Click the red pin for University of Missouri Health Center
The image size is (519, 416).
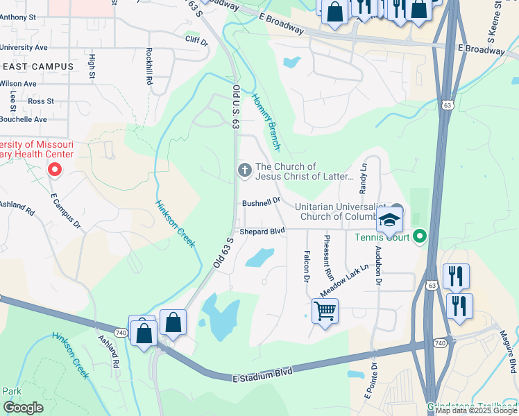pos(53,169)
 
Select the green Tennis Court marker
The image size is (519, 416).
pos(419,237)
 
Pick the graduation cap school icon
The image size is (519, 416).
pos(390,220)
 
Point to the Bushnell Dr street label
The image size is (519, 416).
pos(260,203)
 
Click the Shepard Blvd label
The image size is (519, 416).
pos(262,231)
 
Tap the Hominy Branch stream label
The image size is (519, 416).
pos(266,122)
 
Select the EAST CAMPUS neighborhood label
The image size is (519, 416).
pos(38,66)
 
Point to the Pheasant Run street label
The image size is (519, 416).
pos(328,257)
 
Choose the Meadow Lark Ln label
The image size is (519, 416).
pos(344,280)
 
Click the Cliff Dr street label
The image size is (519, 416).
pos(196,42)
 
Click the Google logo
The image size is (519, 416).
pos(23,408)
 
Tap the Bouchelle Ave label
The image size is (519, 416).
pos(23,119)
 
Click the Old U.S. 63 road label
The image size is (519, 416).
pos(236,106)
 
